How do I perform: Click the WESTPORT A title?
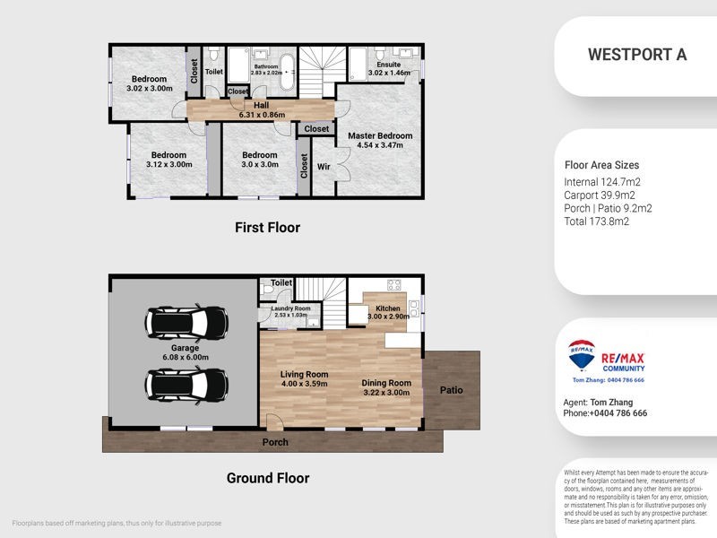636,54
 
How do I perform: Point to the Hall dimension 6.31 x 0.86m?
261,115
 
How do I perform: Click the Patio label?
451,390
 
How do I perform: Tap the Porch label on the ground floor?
274,443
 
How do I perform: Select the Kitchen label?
388,308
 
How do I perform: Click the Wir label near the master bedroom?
324,165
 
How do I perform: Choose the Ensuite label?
388,65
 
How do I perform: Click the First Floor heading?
267,228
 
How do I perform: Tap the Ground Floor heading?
267,478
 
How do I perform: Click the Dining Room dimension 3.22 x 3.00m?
386,393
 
